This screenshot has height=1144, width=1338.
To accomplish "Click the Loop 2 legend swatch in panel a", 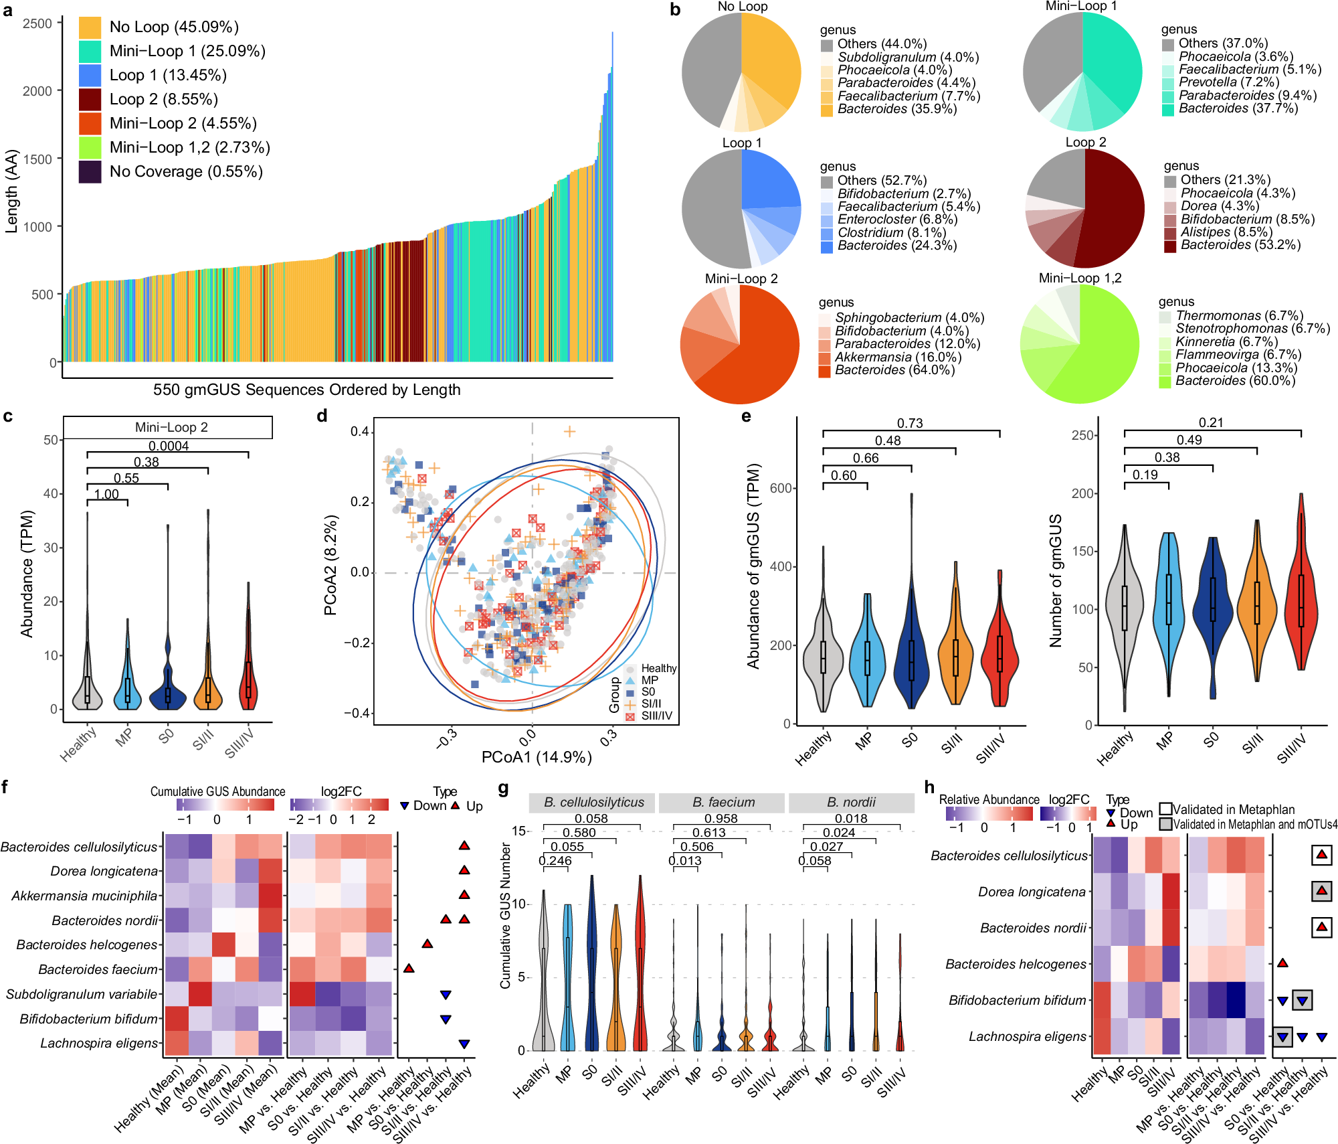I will [x=90, y=99].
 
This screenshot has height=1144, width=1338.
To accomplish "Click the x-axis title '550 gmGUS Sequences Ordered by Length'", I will [x=306, y=390].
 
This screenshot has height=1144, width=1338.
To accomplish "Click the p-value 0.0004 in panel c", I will [x=169, y=446].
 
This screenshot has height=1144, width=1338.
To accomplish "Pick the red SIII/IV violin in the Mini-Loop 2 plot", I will [x=248, y=683].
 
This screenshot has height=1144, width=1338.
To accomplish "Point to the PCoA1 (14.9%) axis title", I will [x=537, y=757].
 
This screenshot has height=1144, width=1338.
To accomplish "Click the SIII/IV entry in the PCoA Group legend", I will [x=656, y=716].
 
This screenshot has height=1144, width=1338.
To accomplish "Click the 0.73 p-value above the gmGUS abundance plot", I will [x=910, y=423].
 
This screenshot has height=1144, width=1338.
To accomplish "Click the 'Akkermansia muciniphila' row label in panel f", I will [x=84, y=896].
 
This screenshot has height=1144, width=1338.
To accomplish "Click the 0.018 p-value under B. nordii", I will [x=851, y=818].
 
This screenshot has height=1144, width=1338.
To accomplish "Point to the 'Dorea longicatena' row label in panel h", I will [x=1032, y=892].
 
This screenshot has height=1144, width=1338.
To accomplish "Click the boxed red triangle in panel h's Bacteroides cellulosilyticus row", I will [x=1321, y=855].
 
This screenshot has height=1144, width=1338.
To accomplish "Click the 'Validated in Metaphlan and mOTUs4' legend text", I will [x=1255, y=824].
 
